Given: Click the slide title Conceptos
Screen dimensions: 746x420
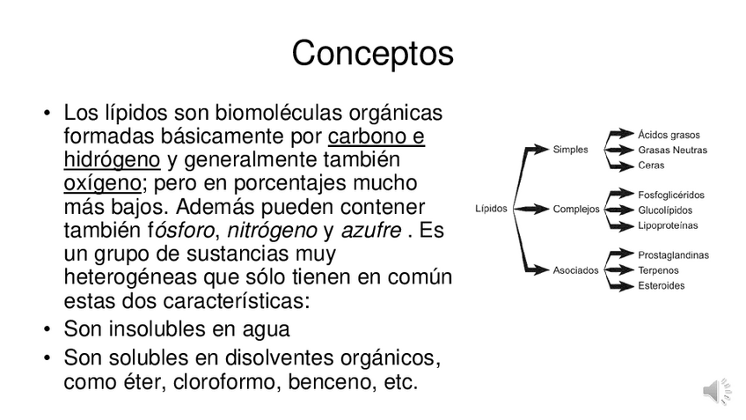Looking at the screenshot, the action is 372,54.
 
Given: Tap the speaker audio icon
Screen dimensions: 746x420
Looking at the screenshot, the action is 716,391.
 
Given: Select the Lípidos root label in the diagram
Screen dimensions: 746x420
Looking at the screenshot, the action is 491,210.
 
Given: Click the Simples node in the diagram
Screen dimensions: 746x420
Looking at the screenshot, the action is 570,150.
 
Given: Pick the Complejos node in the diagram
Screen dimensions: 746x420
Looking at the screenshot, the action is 576,210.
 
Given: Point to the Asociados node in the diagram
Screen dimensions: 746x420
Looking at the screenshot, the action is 575,269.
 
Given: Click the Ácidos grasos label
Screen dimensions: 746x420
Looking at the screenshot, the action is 669,135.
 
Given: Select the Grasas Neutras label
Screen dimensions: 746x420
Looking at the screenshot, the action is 672,150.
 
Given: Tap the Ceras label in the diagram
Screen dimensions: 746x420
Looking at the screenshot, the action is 651,165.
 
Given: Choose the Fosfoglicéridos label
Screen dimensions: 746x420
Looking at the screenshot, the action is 672,195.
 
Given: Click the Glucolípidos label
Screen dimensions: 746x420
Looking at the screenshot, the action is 665,210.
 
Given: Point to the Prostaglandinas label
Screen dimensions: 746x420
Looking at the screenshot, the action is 673,254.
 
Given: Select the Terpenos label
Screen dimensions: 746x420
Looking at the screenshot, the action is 658,270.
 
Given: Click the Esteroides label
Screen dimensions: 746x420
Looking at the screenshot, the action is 662,285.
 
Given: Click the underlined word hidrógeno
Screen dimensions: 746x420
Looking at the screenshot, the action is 112,160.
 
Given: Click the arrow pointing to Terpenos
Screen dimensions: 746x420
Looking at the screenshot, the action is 620,270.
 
